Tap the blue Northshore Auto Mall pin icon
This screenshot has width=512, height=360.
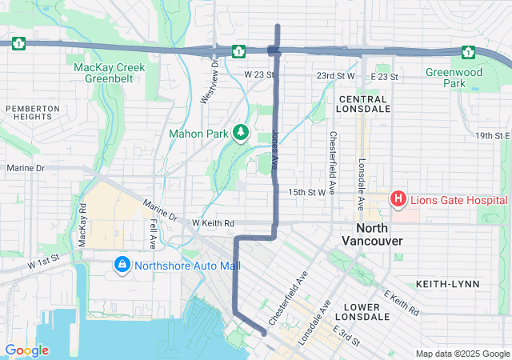pyautogui.click(x=122, y=264)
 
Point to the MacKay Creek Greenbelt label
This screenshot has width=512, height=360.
pyautogui.click(x=110, y=74)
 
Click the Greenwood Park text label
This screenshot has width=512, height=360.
pyautogui.click(x=467, y=77)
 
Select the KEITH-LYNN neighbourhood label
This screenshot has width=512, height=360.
pyautogui.click(x=447, y=284)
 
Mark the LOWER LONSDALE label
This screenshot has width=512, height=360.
pyautogui.click(x=366, y=311)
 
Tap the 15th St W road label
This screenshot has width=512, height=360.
pyautogui.click(x=307, y=192)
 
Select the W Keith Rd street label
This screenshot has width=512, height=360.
pyautogui.click(x=212, y=223)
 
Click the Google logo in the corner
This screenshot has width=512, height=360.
pyautogui.click(x=26, y=350)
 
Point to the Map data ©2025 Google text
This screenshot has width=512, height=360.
pyautogui.click(x=461, y=354)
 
